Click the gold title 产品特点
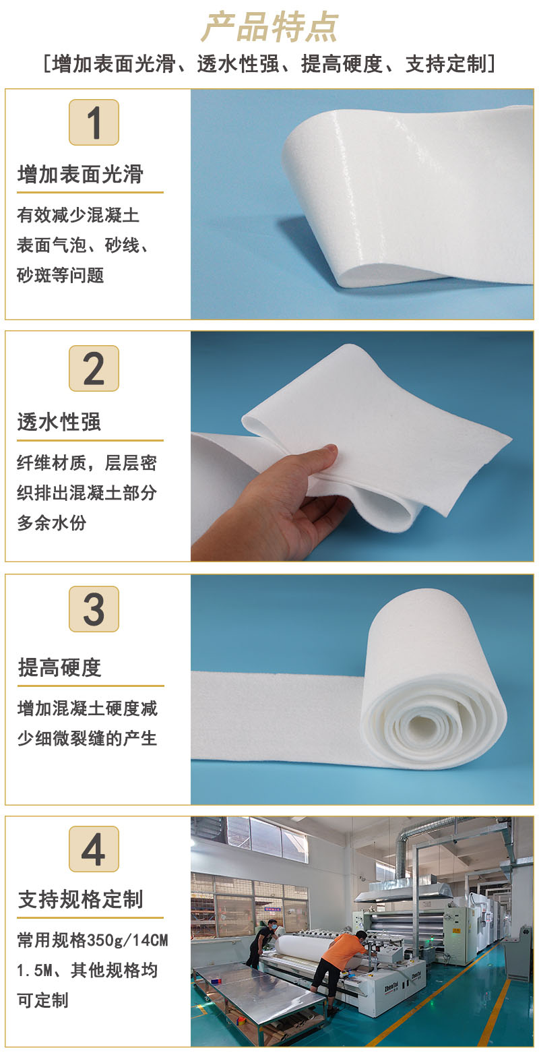click(269, 28)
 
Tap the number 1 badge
click(94, 123)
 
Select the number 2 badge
click(94, 368)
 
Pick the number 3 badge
click(94, 609)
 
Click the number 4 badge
click(94, 849)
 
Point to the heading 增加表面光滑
click(80, 175)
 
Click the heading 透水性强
click(59, 422)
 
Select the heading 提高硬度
click(59, 667)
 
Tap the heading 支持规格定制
click(80, 899)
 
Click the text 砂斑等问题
click(60, 276)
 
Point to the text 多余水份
click(52, 522)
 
